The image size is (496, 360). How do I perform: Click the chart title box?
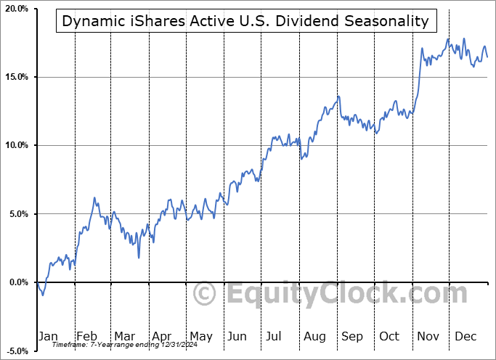pos(245,21)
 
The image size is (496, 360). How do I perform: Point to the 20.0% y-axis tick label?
pos(16,9)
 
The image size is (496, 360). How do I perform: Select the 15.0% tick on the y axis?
pos(16,77)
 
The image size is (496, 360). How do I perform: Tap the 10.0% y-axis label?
pos(16,145)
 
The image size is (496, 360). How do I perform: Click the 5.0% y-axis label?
pos(17,214)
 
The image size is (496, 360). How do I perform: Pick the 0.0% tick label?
pos(17,282)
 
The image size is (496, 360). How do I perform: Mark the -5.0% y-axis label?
pos(17,351)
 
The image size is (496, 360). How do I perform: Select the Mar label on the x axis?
pos(124,336)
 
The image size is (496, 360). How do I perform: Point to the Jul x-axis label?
pos(274,336)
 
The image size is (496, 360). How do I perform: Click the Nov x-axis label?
pos(427,336)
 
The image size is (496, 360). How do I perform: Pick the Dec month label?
pos(465,336)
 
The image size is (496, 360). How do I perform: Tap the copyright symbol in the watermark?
pos(206,295)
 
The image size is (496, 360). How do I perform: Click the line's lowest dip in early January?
pos(43,295)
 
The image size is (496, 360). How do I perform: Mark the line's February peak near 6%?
pos(94,197)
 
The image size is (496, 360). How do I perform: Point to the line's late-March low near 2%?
pos(139,257)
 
